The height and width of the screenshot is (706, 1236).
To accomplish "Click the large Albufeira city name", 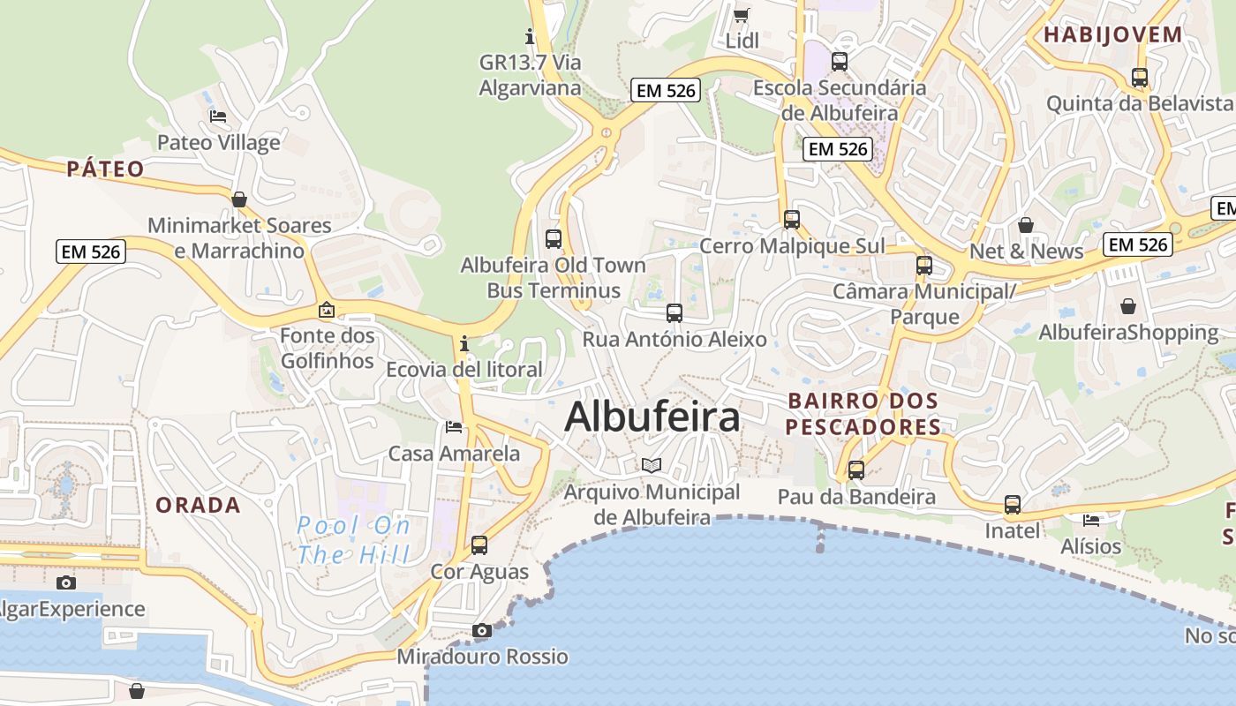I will (652, 417).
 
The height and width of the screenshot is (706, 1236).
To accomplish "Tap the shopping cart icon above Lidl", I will (742, 15).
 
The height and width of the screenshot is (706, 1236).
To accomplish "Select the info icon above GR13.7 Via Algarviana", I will (530, 36).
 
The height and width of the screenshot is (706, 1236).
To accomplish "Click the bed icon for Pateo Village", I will (218, 116).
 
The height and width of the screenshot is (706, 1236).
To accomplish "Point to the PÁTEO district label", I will (105, 169).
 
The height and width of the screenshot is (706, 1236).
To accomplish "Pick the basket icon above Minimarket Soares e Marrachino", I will (239, 199).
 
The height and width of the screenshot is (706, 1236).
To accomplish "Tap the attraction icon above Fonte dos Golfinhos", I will (327, 310).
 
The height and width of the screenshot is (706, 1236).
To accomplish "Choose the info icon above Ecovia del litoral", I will (464, 342).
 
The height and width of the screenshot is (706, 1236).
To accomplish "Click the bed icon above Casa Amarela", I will (454, 427).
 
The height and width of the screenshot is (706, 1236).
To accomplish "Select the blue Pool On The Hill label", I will (353, 540).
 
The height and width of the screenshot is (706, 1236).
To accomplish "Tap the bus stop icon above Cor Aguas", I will (479, 545).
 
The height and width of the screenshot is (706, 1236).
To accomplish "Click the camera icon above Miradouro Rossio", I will (481, 630).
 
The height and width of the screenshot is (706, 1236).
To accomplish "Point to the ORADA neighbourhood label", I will (198, 505).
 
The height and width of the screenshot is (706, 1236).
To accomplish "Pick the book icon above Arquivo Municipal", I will (652, 465).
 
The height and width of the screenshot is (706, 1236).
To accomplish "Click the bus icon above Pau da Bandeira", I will (855, 470).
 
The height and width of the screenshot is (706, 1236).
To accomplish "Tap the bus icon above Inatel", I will (1013, 505).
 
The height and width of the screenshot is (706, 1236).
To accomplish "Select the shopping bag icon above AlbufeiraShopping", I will (1128, 306).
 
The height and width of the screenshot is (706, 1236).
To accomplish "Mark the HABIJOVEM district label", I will (1112, 35).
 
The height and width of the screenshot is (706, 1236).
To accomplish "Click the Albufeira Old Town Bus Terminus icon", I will (554, 238).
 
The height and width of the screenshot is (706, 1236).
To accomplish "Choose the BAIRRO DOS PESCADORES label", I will (863, 414).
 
